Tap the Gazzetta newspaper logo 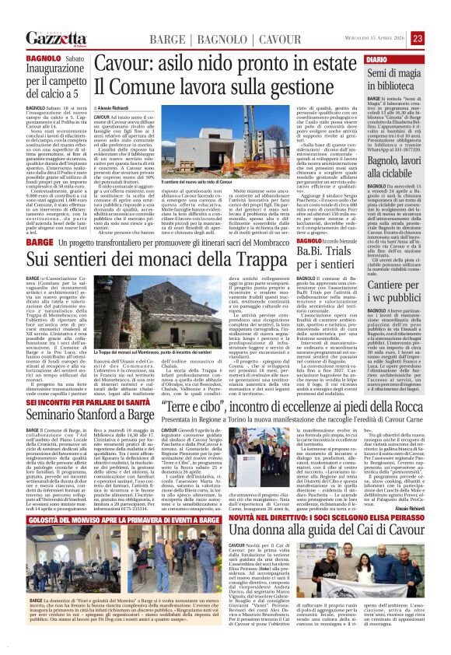(x=56, y=39)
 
